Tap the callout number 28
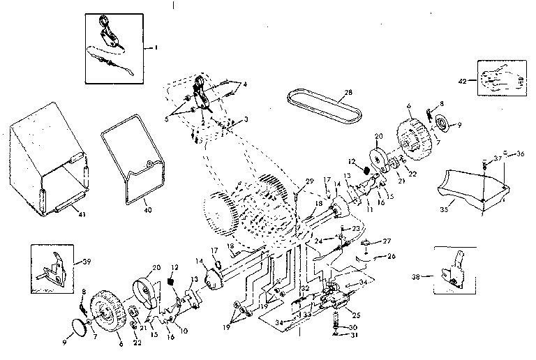pos(349,93)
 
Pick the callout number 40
pos(147,208)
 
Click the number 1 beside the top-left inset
pos(156,47)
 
